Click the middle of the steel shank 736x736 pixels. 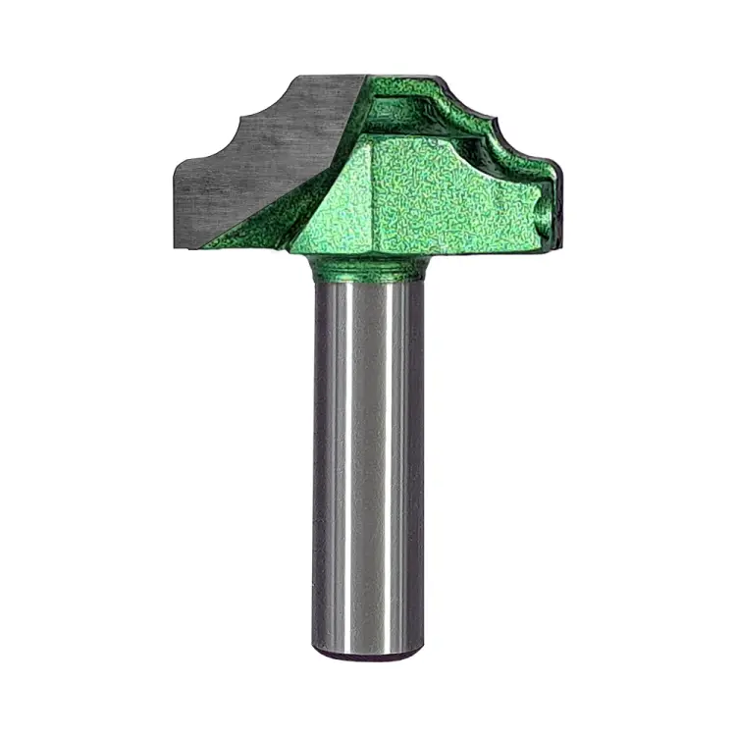(x=368, y=461)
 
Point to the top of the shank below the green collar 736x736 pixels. (x=368, y=287)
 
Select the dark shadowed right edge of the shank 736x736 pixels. (x=418, y=461)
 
